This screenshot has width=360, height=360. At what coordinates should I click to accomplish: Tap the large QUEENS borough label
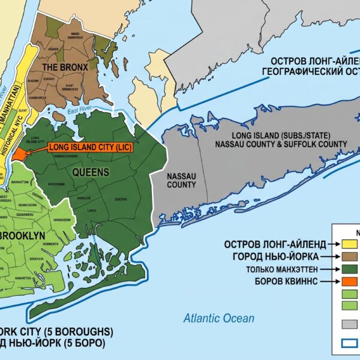click(x=91, y=172)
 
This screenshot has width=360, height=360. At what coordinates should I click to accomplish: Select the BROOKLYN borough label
click(x=22, y=236)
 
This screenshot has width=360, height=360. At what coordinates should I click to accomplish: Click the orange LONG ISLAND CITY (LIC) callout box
click(x=92, y=146)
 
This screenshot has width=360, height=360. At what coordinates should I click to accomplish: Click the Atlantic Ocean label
click(x=218, y=319)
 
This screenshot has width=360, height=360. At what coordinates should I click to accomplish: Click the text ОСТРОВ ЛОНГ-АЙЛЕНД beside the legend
click(x=275, y=244)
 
